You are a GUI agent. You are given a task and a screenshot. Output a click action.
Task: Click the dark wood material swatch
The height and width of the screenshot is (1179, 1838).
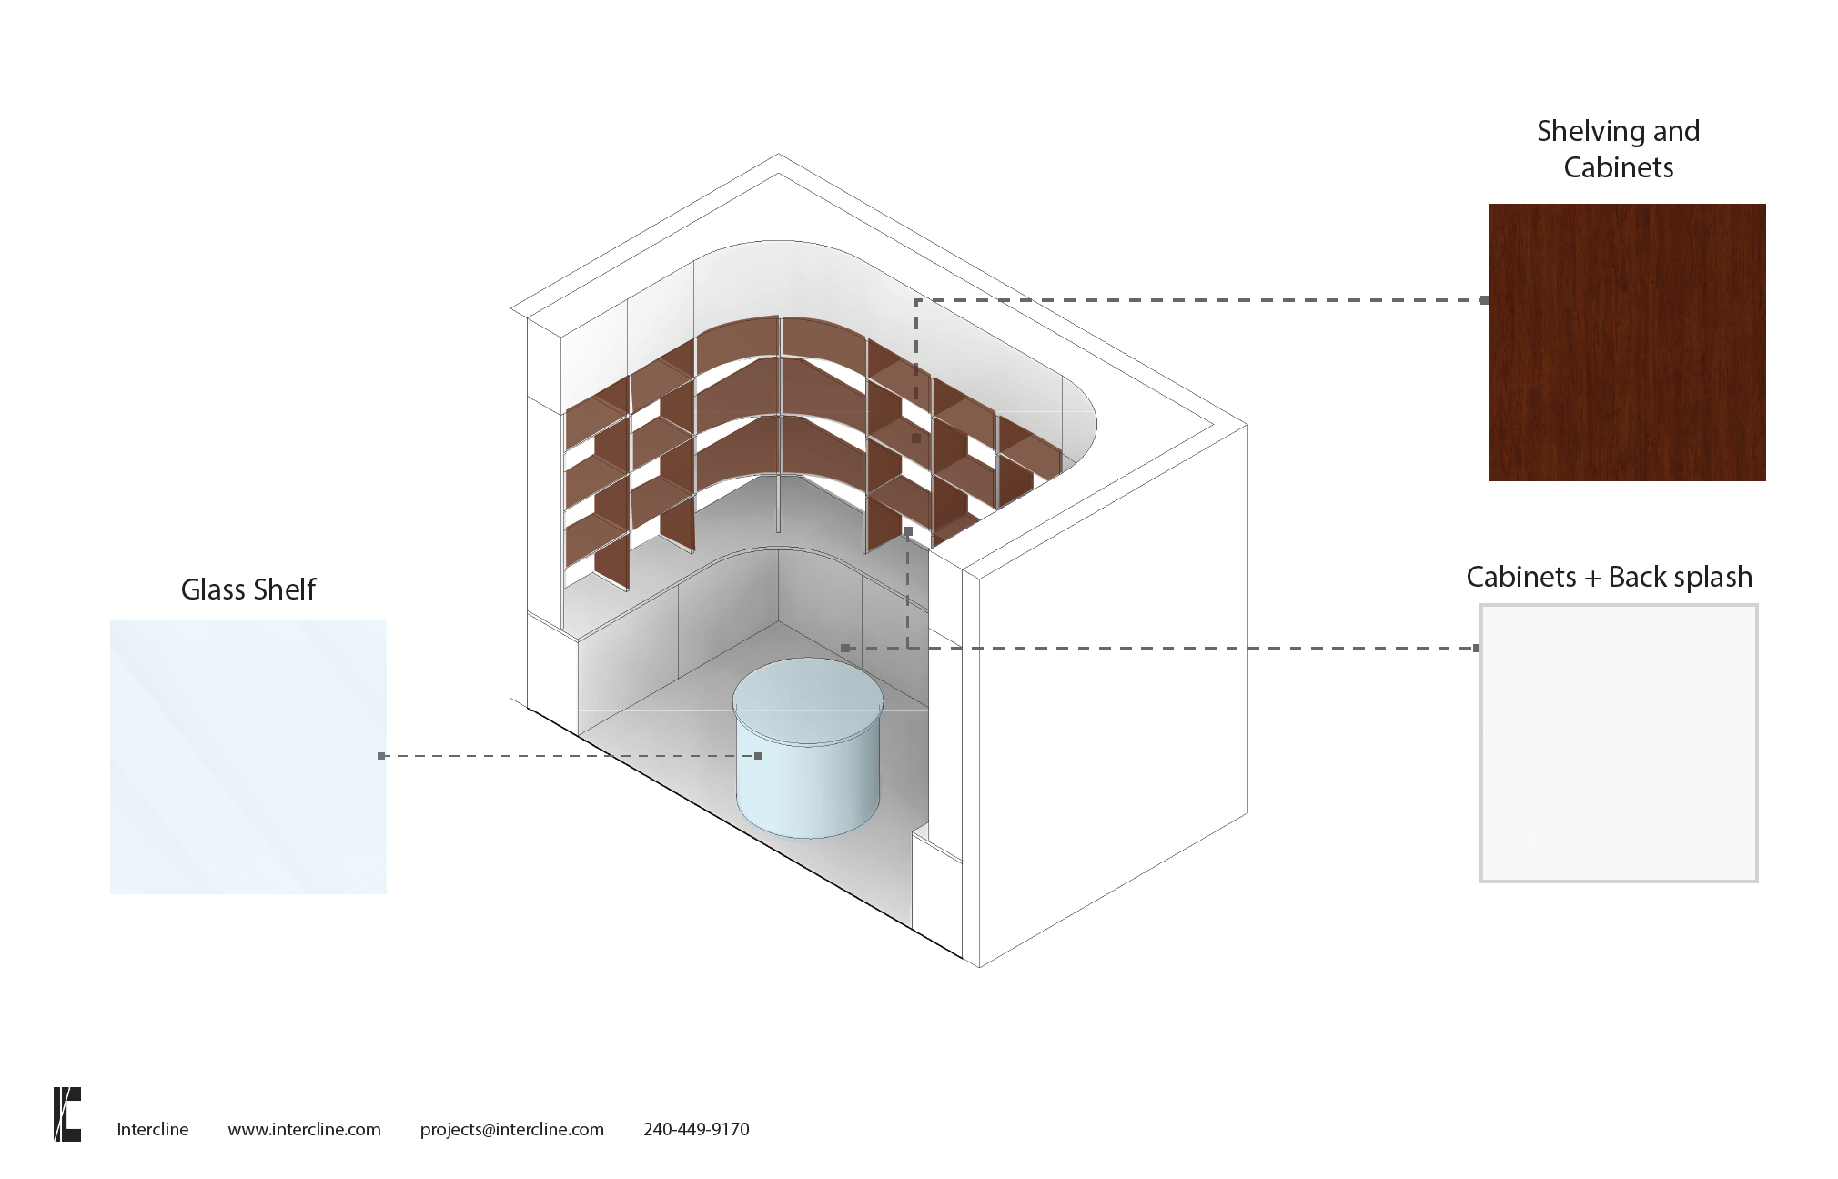coord(1626,342)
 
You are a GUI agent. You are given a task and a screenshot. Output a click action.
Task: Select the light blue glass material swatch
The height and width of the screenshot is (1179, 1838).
coord(247,756)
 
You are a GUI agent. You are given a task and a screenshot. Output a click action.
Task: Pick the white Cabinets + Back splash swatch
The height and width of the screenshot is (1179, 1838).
coord(1618,742)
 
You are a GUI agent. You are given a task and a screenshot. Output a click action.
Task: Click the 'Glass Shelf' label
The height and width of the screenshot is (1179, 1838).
coord(247,589)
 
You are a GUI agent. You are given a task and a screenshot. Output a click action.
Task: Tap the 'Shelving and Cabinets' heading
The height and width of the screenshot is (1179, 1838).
coord(1618,149)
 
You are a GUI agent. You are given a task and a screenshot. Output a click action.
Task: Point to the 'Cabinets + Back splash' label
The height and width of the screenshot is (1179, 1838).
coord(1609,577)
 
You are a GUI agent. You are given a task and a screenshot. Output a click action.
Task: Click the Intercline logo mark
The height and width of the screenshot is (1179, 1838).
coord(67,1113)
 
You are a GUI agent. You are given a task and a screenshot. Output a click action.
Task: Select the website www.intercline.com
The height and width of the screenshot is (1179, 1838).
coord(304,1129)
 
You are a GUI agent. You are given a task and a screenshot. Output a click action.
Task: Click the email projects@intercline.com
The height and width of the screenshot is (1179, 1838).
coord(511,1129)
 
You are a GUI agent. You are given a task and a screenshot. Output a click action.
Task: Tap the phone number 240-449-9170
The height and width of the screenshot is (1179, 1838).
coord(696,1129)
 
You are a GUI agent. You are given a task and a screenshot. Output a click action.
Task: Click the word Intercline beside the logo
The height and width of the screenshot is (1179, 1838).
coord(152,1129)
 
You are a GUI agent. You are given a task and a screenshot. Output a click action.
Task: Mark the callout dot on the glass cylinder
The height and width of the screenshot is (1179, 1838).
coord(758,756)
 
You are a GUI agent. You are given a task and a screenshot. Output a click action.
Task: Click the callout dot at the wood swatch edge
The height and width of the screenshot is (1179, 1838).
coord(1484,300)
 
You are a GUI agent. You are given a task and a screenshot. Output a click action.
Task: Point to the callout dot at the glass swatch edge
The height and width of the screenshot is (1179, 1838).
coord(381,756)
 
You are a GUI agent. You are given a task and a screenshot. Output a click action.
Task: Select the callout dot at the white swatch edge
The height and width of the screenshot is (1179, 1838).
coord(1476,649)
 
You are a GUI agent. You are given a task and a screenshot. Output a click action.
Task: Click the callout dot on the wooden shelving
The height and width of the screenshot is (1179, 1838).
coord(916,438)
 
